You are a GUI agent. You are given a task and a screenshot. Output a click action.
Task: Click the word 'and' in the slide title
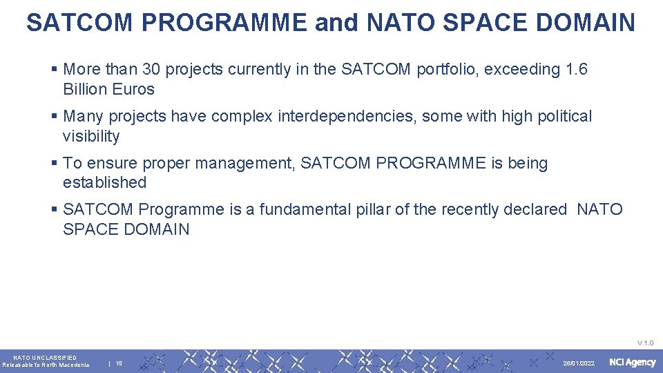point(336,23)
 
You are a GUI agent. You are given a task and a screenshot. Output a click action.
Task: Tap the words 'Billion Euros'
point(108,89)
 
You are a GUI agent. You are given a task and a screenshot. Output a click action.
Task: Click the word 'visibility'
point(90,136)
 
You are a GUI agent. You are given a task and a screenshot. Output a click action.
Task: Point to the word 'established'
point(104,182)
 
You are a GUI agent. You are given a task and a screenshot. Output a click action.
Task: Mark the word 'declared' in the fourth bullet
point(536,209)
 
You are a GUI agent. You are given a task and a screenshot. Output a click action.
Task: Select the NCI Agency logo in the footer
point(632,363)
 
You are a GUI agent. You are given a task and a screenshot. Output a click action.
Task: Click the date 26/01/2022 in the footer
point(579,363)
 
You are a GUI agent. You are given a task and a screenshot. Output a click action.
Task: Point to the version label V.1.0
point(645,343)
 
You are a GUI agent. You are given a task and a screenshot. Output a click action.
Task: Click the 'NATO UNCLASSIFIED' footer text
point(45,358)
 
